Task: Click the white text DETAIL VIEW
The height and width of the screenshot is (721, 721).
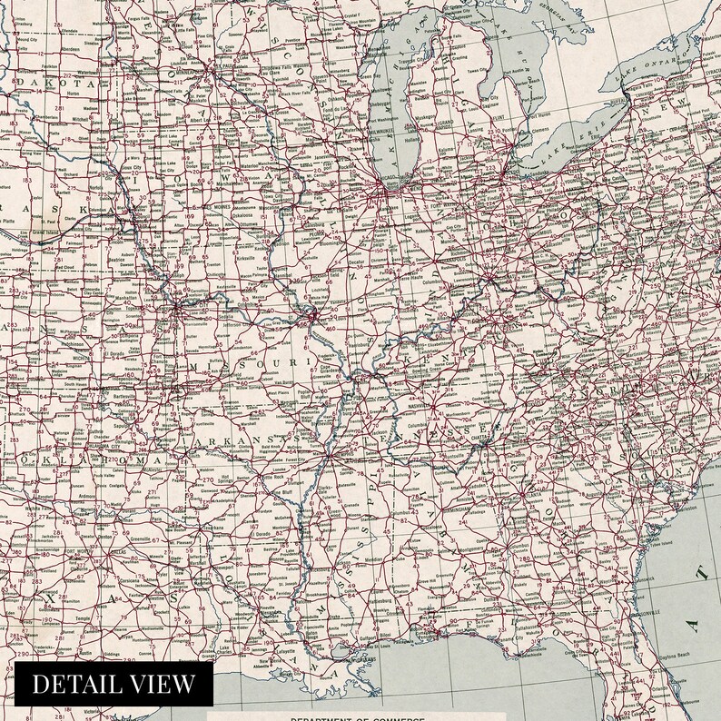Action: [114, 683]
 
